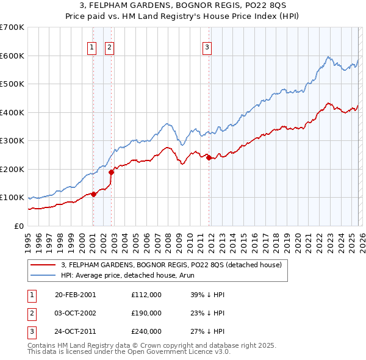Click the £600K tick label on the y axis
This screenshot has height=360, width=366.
coord(12,56)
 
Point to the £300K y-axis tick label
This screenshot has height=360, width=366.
coord(12,140)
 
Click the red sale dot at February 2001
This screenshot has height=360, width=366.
coord(94,194)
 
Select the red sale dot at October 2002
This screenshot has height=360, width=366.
coord(112,172)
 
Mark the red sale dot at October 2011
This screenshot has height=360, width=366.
coord(209,158)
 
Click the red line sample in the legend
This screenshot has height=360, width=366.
coord(44,265)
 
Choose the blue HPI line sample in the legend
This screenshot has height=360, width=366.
coord(44,275)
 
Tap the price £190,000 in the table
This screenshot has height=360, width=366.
coord(146,313)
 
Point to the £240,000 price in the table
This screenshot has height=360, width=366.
coord(146,332)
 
